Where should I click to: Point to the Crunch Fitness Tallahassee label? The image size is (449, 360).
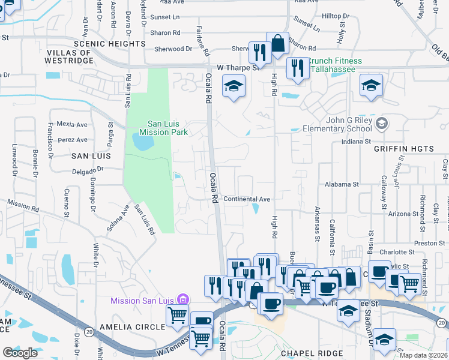336,65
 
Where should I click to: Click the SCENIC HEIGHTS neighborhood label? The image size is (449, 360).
109,44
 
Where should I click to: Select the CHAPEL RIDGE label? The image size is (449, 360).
312,353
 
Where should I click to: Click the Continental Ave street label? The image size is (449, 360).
247,199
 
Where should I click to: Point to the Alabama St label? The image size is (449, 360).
341,185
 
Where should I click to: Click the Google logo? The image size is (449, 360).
20,353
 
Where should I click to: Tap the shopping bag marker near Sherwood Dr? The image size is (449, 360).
277,44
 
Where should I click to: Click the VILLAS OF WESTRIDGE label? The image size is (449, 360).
68,57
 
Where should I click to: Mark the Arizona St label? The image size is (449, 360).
403,214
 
